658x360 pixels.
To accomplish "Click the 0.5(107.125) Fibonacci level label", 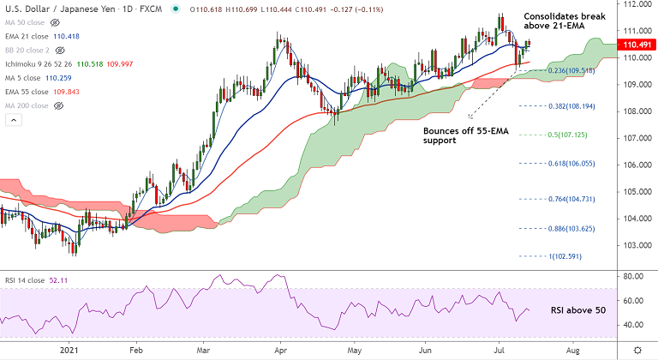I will pyautogui.click(x=569, y=135).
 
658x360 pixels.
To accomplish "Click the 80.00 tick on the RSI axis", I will pyautogui.click(x=635, y=277).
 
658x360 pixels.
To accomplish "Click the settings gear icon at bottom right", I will pyautogui.click(x=637, y=351).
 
